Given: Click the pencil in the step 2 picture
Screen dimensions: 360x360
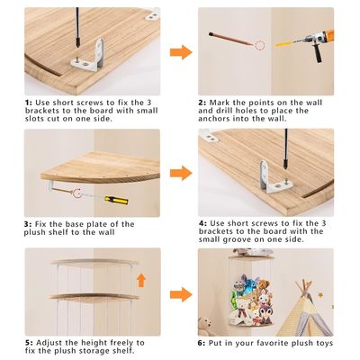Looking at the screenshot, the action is click(231, 39).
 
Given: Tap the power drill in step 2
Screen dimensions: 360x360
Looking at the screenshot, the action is click(313, 43).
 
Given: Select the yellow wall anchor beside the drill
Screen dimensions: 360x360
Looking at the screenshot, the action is click(283, 44).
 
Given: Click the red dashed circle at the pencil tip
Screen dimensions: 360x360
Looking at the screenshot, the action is click(260, 46).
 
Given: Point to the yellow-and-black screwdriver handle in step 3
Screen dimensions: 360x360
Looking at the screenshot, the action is click(116, 200).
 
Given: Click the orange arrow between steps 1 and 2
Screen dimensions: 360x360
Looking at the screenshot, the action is click(181, 52).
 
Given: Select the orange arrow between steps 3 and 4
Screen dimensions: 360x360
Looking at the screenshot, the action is click(181, 173).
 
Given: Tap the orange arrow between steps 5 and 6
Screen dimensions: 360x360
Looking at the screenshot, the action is click(181, 294).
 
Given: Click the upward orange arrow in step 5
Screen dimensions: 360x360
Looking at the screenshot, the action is click(141, 280).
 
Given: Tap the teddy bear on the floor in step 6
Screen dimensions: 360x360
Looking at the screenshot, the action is click(205, 326).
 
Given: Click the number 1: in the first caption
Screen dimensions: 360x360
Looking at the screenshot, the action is click(30, 103).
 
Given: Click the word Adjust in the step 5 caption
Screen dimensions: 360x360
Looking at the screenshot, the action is click(49, 343).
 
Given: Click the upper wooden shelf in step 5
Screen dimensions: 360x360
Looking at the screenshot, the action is click(94, 263).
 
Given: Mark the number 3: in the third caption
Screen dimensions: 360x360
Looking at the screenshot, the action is click(28, 224).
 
